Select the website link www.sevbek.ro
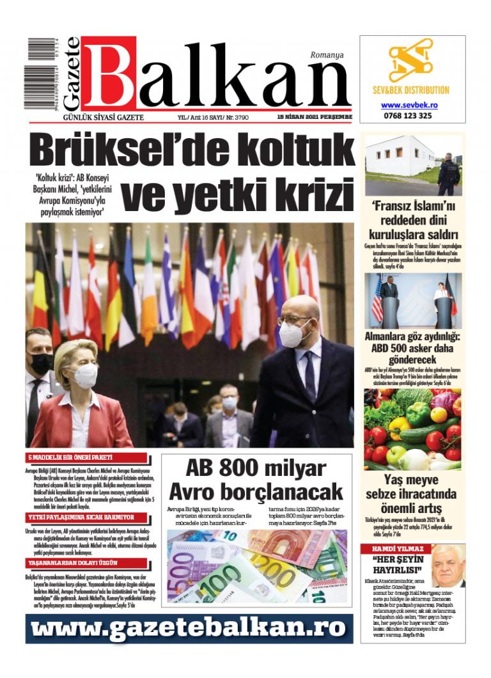coord(409,105)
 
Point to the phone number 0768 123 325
coord(407,116)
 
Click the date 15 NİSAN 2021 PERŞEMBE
coord(315,118)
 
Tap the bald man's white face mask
coord(293,334)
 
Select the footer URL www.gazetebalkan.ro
coord(189,628)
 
